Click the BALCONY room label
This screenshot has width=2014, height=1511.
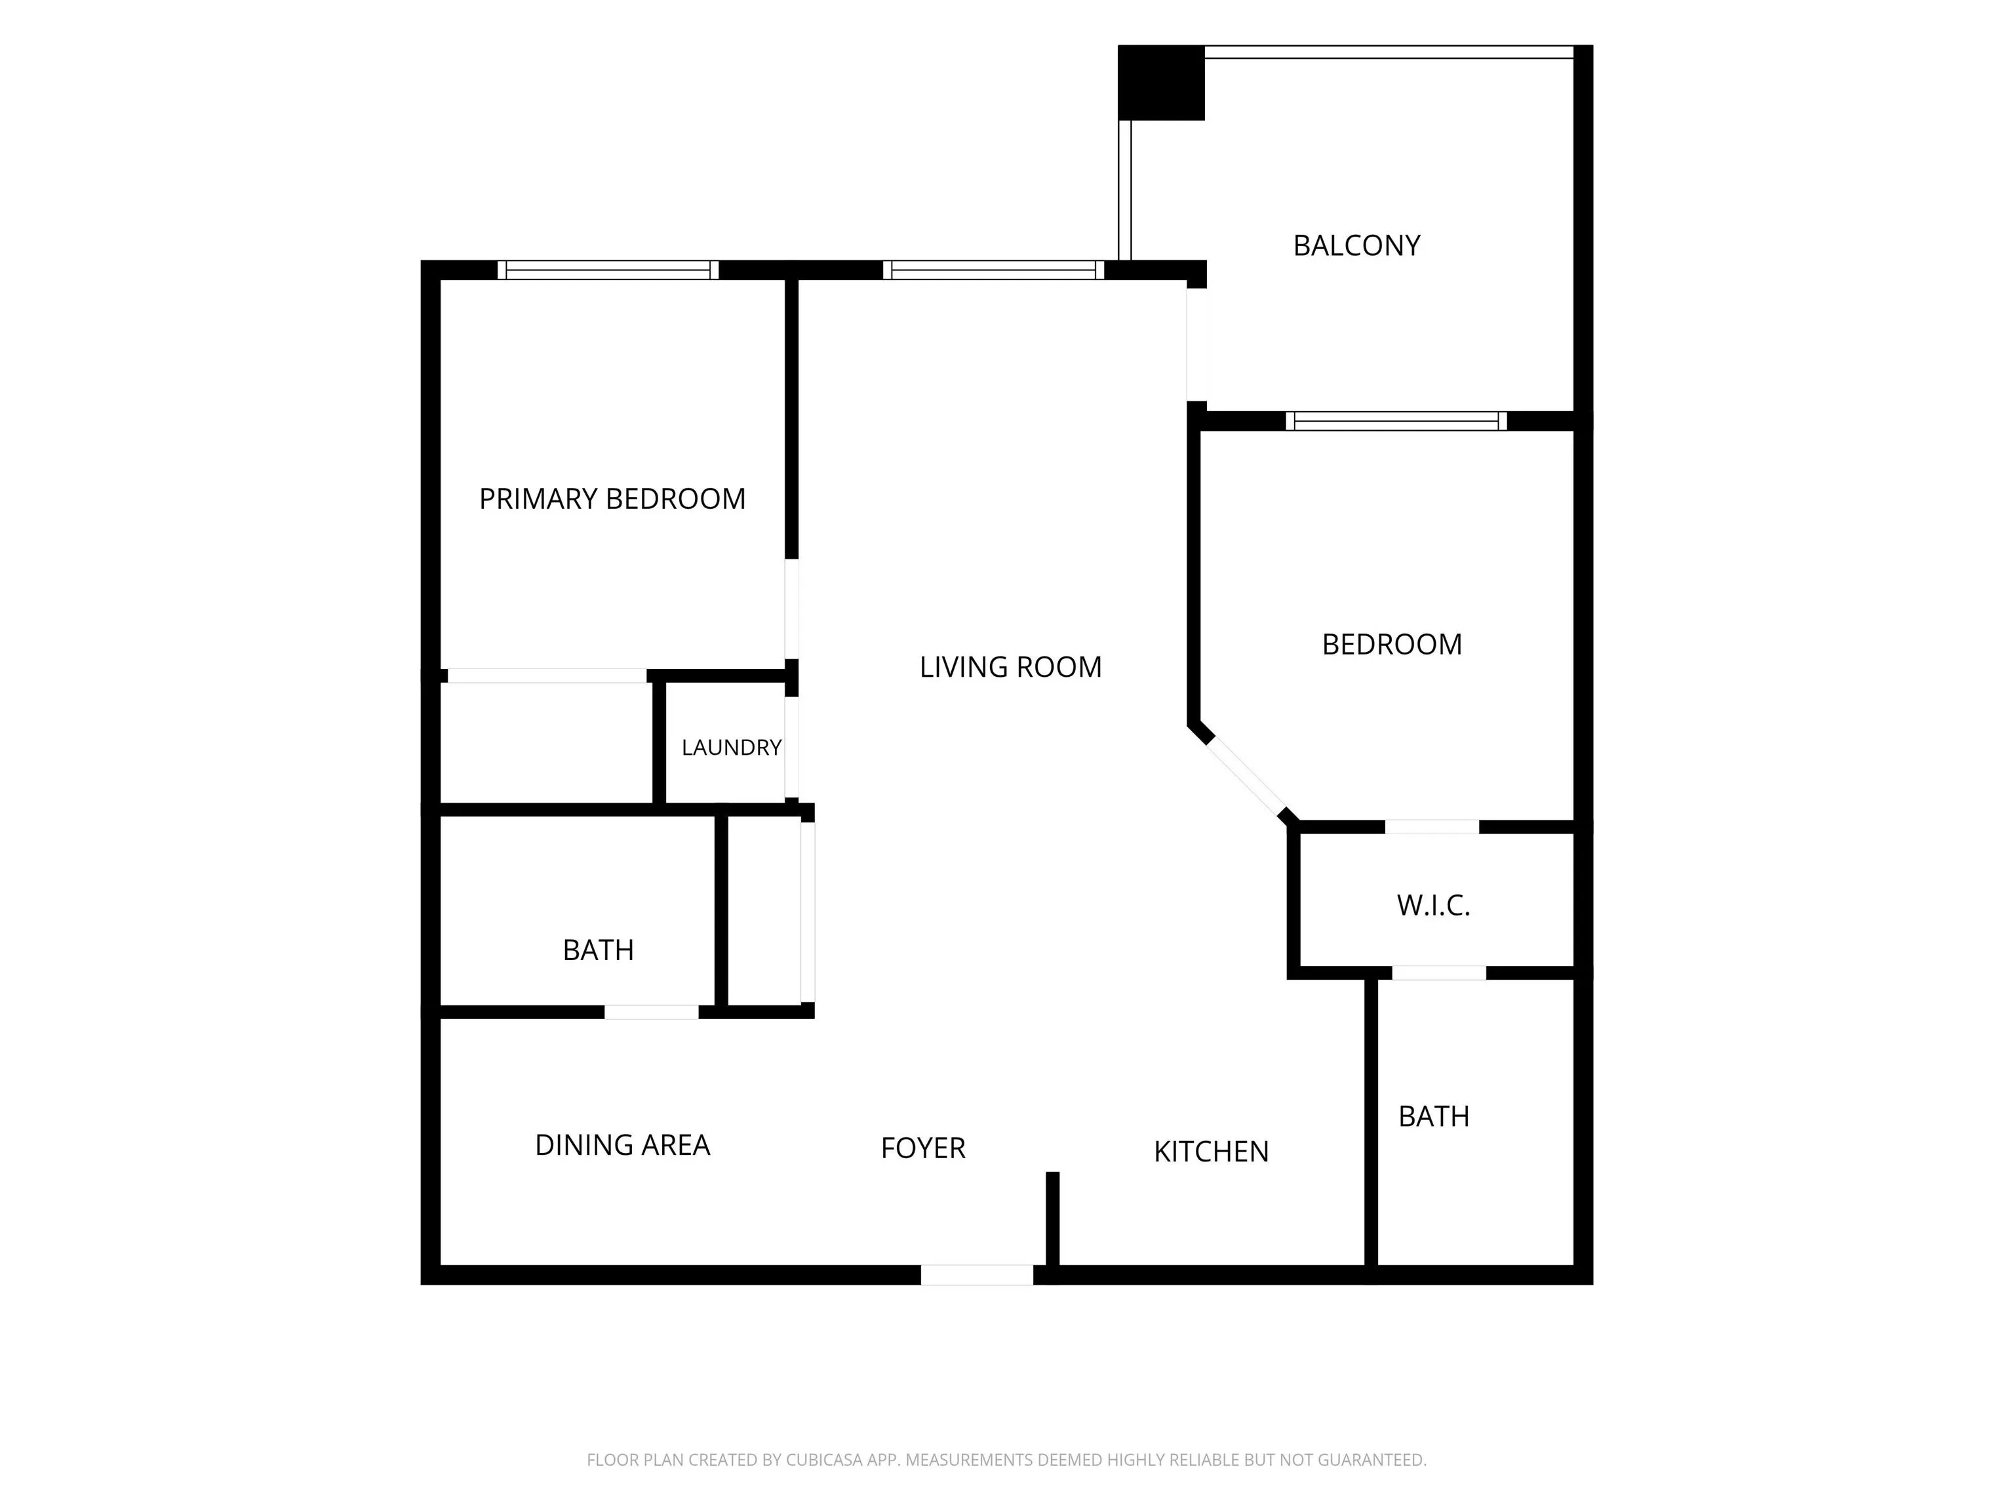coord(1356,246)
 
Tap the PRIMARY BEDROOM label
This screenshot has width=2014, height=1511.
coord(612,499)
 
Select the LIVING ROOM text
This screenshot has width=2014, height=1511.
coord(1011,668)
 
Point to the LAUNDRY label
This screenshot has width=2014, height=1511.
coord(731,748)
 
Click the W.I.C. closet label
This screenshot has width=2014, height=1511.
coord(1433,905)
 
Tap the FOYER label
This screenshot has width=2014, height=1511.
coord(923,1148)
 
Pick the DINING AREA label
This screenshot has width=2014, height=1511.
coord(622,1146)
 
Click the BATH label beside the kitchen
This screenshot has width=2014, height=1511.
coord(1434,1117)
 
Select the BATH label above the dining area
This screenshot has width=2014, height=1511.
coord(598,951)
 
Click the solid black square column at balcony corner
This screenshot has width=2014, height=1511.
coord(1161,82)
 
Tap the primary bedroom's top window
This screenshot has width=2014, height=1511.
coord(608,270)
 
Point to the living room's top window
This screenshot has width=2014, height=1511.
coord(993,270)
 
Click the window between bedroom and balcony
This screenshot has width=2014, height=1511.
coord(1396,421)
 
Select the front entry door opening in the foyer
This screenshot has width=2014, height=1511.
coord(977,1275)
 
